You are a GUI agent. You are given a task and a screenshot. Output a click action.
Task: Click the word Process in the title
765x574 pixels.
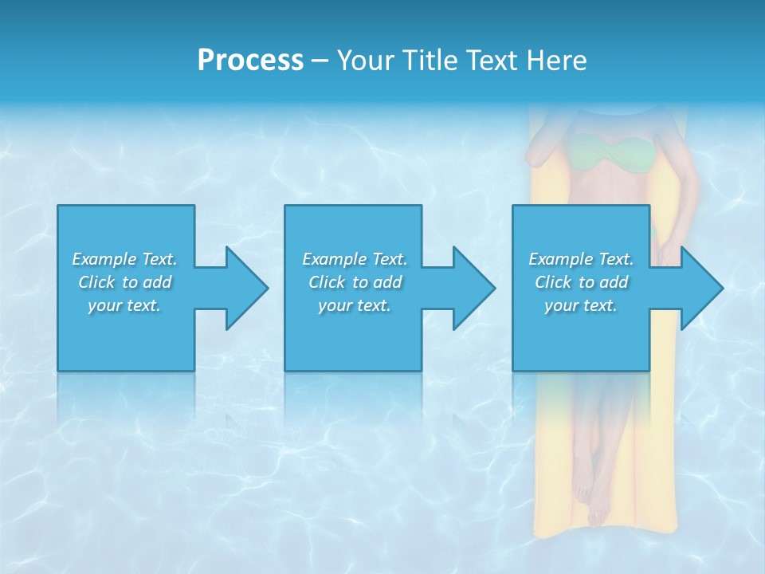pyautogui.click(x=250, y=61)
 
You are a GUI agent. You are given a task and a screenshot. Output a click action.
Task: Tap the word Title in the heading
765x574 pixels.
pyautogui.click(x=431, y=61)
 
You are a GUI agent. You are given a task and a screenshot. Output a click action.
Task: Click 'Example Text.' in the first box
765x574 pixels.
pyautogui.click(x=125, y=259)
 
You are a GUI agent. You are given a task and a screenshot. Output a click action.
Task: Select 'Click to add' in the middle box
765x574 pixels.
pyautogui.click(x=355, y=282)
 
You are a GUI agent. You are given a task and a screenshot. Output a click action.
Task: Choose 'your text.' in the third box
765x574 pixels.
pyautogui.click(x=581, y=305)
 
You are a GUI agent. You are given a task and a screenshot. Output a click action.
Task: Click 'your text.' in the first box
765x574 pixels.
pyautogui.click(x=125, y=305)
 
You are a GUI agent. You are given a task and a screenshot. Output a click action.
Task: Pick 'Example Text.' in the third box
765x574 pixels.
pyautogui.click(x=581, y=259)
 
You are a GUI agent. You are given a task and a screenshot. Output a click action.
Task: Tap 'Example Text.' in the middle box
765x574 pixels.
pyautogui.click(x=355, y=259)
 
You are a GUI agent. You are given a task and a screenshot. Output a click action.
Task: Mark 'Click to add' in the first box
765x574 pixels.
pyautogui.click(x=125, y=282)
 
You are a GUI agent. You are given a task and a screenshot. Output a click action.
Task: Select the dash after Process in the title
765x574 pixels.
pyautogui.click(x=320, y=61)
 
